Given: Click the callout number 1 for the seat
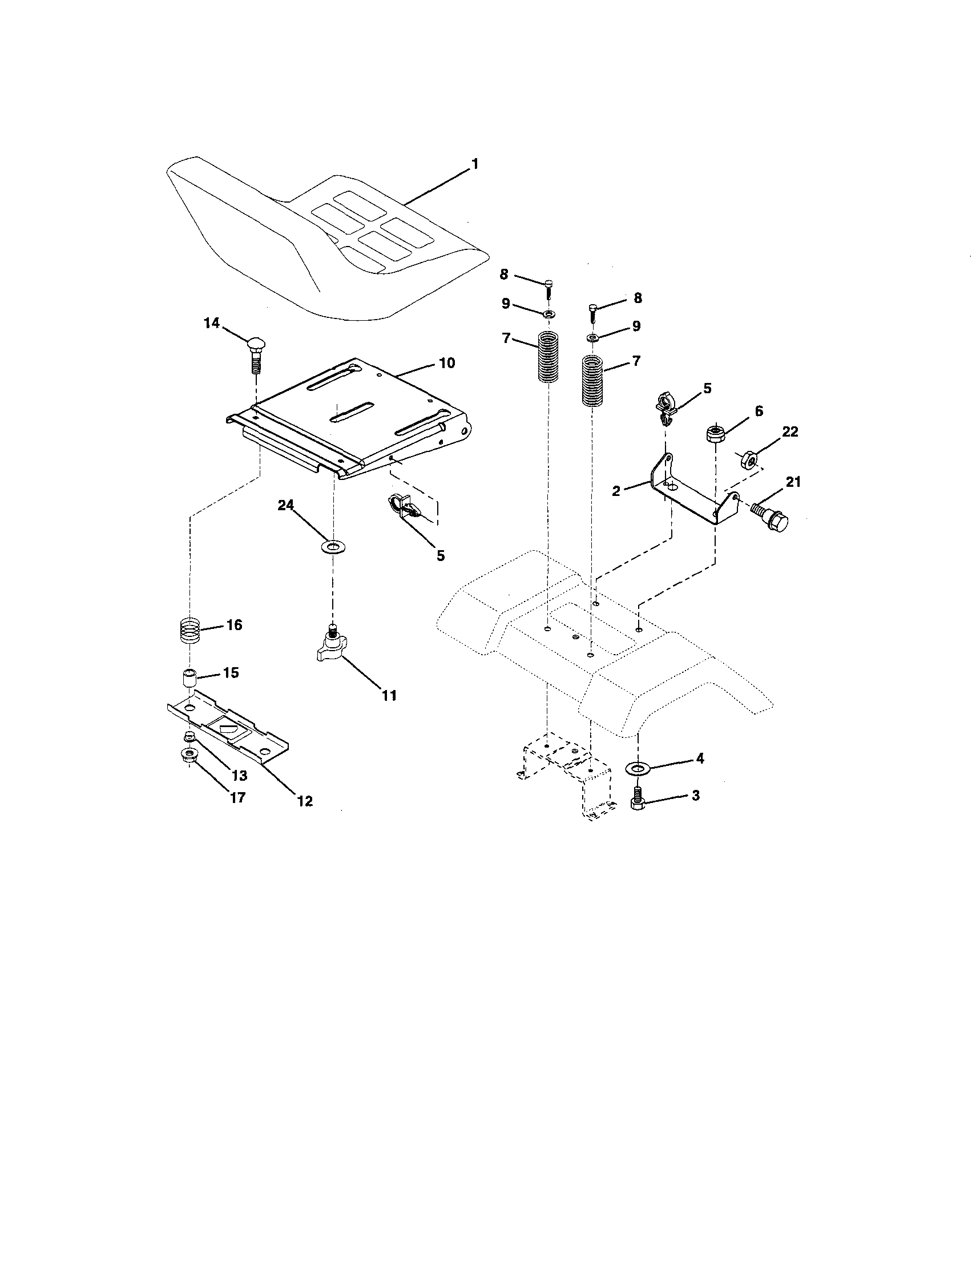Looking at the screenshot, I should [x=475, y=164].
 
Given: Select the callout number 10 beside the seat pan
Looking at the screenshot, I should [x=446, y=363].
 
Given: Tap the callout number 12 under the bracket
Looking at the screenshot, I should [x=305, y=801].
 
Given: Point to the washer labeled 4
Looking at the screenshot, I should [x=638, y=768].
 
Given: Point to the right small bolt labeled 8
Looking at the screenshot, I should [x=592, y=311].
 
